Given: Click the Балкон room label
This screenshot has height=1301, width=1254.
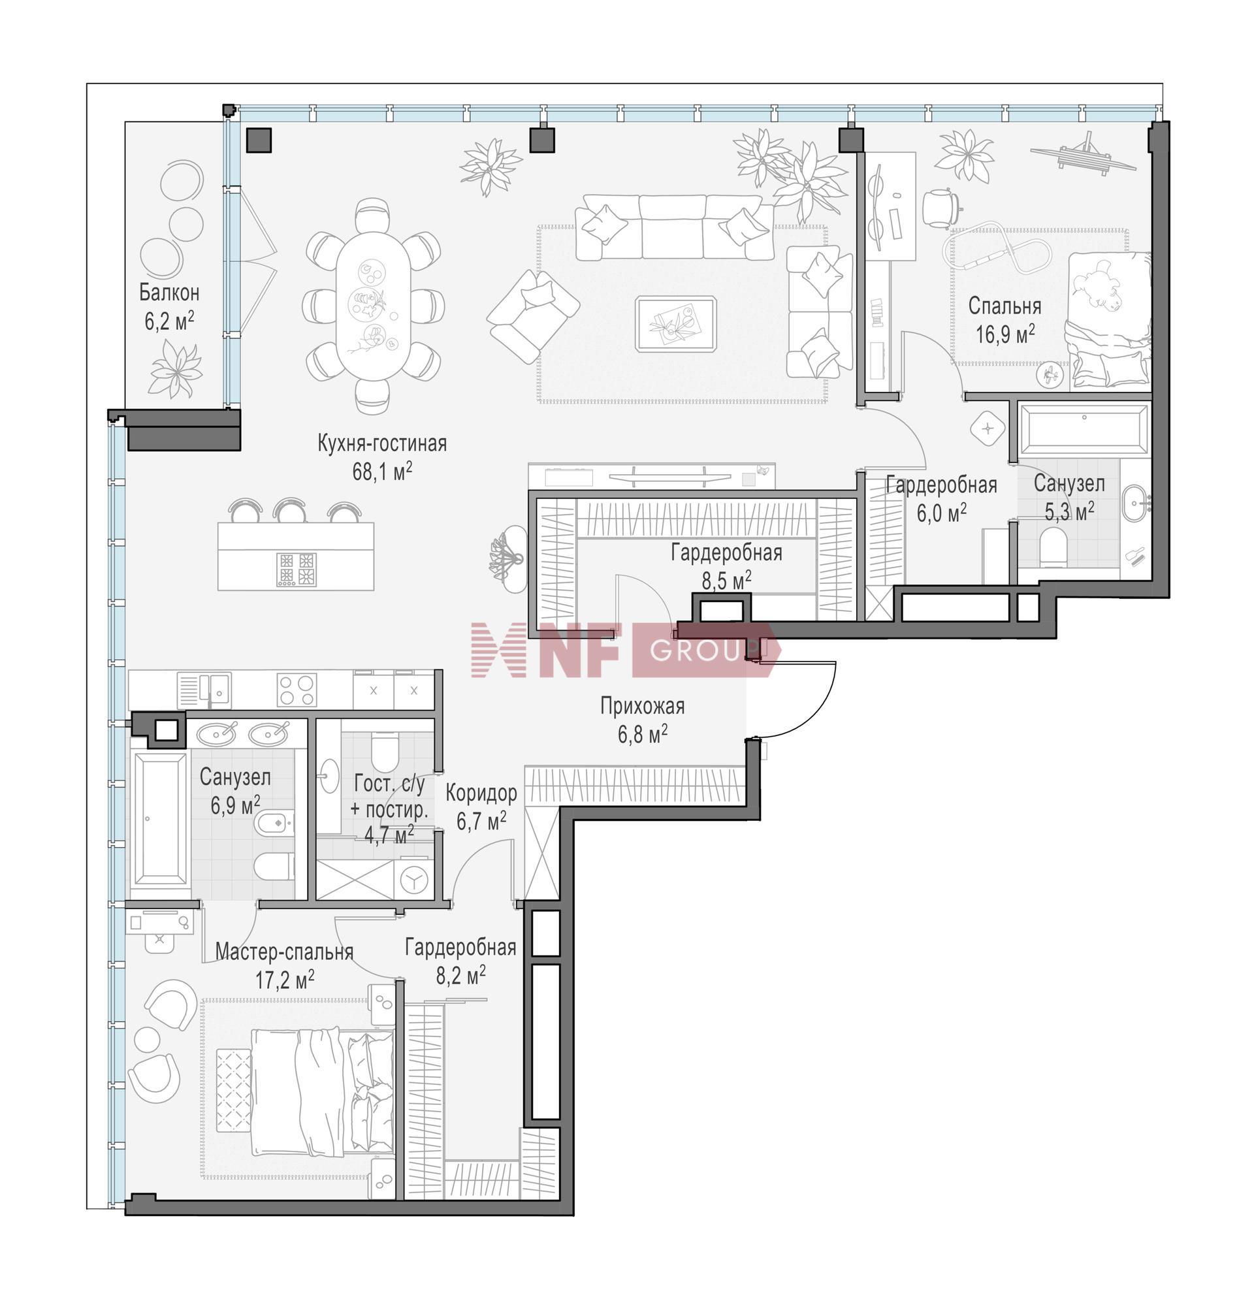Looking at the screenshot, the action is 169,292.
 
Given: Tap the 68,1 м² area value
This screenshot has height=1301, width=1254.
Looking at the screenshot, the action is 381,471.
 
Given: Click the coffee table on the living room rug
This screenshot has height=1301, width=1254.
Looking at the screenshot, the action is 676,323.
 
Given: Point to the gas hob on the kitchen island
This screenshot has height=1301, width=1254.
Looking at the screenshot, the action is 296,569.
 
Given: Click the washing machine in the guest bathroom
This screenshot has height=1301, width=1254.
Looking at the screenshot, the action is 413,880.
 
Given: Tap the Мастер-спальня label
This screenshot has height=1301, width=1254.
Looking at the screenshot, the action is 284,952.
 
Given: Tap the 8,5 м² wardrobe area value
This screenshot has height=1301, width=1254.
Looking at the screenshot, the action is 726,580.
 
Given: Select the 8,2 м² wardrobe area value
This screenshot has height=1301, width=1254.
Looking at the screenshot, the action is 460,975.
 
